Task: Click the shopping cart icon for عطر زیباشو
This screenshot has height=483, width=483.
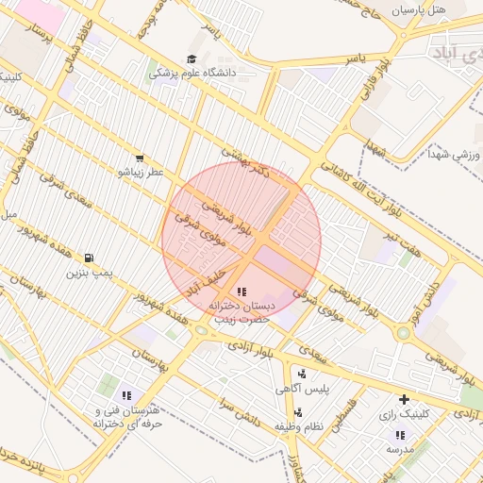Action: click(140, 158)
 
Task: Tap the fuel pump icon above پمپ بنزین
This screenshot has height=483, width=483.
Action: click(89, 258)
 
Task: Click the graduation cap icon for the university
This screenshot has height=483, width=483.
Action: click(204, 59)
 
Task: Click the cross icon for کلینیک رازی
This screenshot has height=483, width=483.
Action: click(405, 399)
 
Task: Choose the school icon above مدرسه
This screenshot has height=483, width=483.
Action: click(400, 435)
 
